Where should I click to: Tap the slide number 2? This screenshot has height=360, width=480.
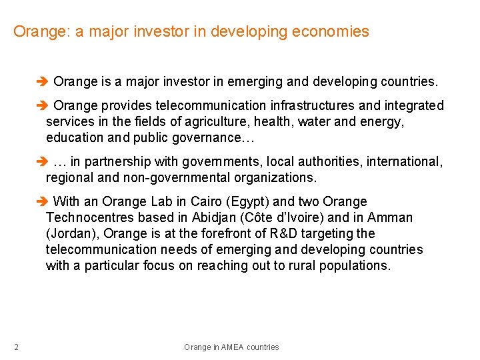tap(16, 347)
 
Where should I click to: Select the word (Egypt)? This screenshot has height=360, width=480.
tap(245, 201)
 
